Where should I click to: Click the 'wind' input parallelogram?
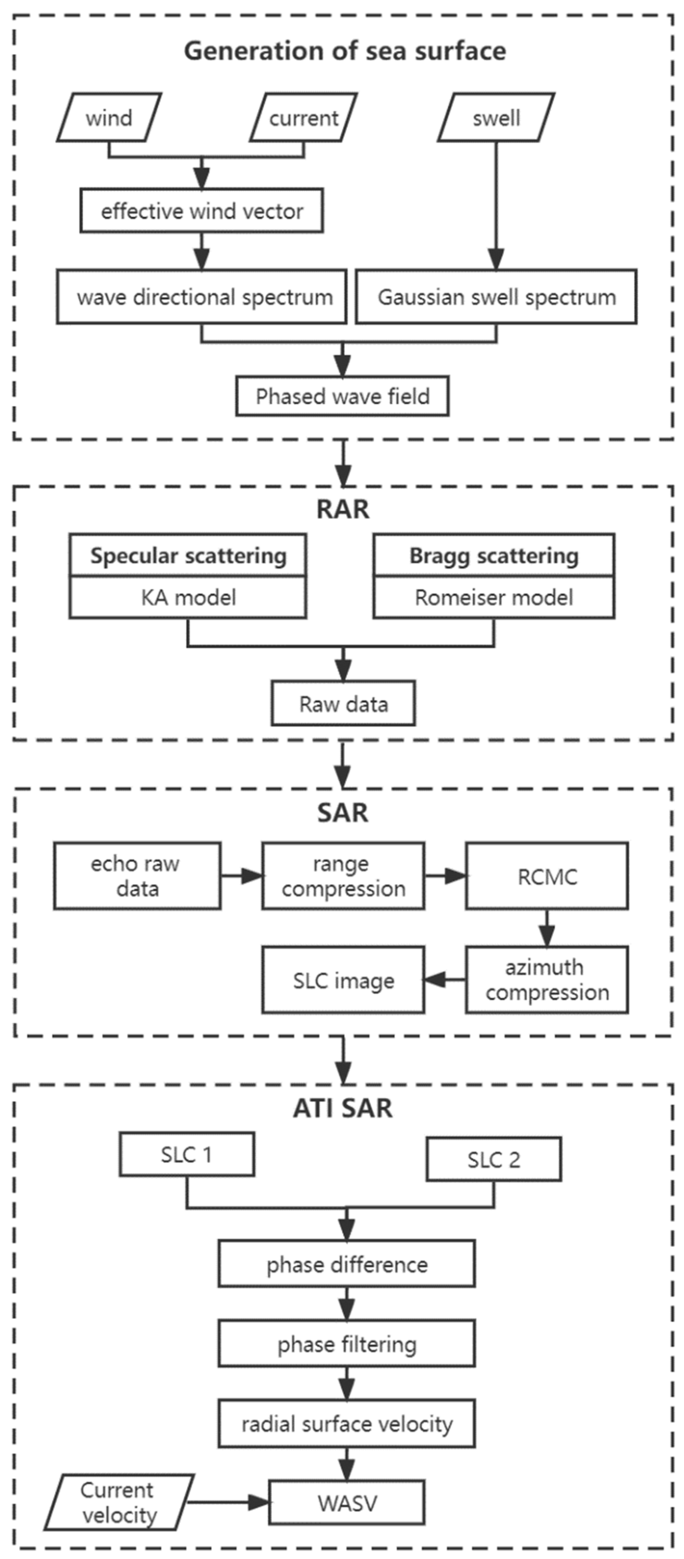tap(109, 118)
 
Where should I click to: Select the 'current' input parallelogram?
tap(303, 118)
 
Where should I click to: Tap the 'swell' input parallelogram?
tap(496, 118)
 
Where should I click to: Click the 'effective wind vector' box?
tap(201, 211)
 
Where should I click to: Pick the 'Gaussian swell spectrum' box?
tap(496, 296)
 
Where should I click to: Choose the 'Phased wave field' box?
tap(342, 396)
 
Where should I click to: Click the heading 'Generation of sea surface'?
tap(345, 50)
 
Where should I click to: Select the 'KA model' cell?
tap(188, 598)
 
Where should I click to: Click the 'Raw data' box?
tap(343, 703)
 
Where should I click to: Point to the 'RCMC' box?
tap(547, 876)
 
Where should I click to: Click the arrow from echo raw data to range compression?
tap(241, 876)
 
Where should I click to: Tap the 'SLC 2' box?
tap(493, 1159)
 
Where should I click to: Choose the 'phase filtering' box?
tap(347, 1345)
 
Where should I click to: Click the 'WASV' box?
tap(347, 1502)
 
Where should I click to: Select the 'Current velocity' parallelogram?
tap(119, 1502)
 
